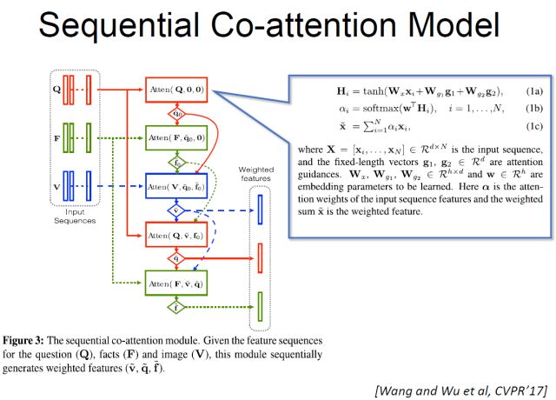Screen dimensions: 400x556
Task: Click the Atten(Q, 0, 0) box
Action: [x=178, y=90]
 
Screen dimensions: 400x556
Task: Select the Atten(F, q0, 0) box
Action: [x=178, y=138]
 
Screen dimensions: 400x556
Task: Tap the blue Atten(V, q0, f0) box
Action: [x=178, y=186]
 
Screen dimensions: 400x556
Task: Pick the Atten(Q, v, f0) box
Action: [x=178, y=235]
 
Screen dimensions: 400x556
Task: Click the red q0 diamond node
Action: [x=177, y=113]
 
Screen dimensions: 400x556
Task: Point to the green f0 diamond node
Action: [x=177, y=162]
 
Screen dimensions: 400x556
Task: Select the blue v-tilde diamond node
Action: [x=177, y=210]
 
